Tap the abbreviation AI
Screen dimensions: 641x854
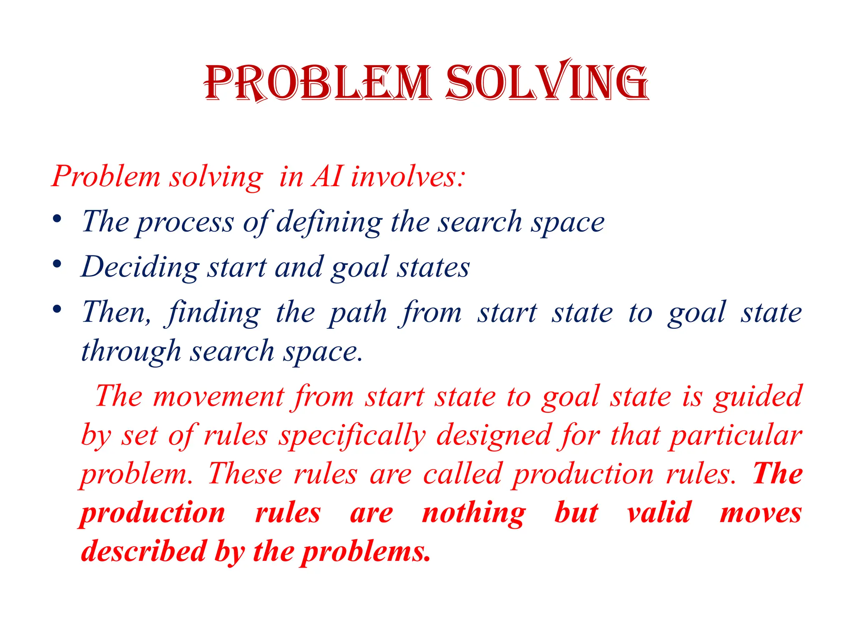(x=328, y=177)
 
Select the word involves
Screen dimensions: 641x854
(x=407, y=177)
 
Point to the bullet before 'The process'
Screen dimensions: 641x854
(x=58, y=219)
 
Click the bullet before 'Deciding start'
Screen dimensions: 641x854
(x=58, y=264)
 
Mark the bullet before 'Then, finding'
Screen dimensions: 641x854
(x=58, y=309)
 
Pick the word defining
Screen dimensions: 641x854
(x=329, y=222)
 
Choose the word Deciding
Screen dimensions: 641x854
(x=140, y=268)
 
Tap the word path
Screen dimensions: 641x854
(x=358, y=313)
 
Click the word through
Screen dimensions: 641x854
(x=131, y=351)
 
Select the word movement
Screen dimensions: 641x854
(x=219, y=396)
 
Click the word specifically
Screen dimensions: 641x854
(x=353, y=436)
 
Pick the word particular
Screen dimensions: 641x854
(x=736, y=436)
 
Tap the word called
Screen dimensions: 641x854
(x=462, y=474)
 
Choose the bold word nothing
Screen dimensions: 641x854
(x=474, y=513)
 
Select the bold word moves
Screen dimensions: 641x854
(x=761, y=513)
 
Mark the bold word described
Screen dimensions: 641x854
(x=144, y=552)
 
